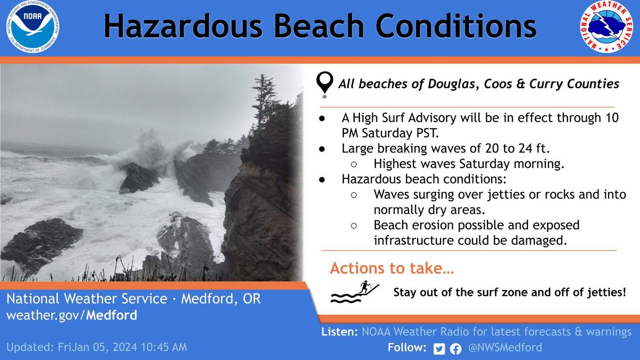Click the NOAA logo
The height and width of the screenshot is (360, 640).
click(33, 27)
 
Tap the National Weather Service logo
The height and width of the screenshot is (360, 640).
click(606, 27)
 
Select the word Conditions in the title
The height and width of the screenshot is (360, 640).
click(456, 26)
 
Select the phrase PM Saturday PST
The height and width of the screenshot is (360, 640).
click(390, 133)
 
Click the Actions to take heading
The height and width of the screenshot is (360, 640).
click(392, 268)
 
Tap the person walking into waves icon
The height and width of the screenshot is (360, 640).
click(355, 292)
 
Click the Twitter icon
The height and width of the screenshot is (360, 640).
click(439, 349)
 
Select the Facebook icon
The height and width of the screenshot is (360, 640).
click(455, 349)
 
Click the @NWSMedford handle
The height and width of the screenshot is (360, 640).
click(505, 348)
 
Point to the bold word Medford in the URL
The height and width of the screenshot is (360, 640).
click(111, 315)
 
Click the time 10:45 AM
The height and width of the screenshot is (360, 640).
click(164, 347)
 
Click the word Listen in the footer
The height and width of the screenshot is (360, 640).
click(339, 332)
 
